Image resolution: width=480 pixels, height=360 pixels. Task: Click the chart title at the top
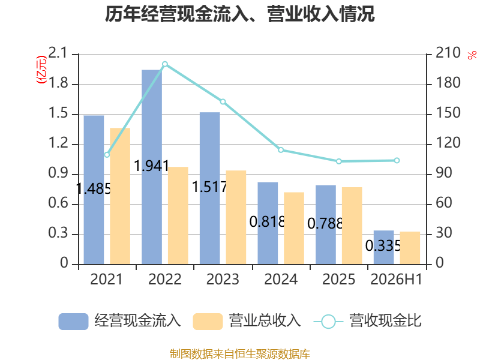click(x=239, y=14)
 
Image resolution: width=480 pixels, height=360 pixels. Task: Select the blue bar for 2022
click(x=152, y=167)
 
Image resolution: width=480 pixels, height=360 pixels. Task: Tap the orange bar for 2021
click(x=120, y=196)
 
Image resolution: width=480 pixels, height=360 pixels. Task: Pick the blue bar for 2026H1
click(x=383, y=247)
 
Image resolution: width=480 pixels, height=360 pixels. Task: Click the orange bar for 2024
click(x=294, y=228)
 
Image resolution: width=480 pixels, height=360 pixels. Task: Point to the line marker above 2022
click(x=164, y=64)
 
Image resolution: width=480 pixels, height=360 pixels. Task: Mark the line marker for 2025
click(x=338, y=161)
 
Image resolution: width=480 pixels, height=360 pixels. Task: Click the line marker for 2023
click(x=223, y=101)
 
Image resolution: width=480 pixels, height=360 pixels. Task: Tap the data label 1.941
click(x=152, y=166)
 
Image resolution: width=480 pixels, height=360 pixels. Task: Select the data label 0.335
click(x=383, y=245)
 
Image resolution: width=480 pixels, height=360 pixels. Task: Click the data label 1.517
click(x=209, y=187)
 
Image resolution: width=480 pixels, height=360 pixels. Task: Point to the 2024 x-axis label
click(x=281, y=279)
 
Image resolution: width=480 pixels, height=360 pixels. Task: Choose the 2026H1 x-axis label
click(x=396, y=279)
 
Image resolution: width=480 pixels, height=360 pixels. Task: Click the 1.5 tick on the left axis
click(x=58, y=113)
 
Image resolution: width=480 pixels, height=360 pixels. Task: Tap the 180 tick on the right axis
click(x=448, y=83)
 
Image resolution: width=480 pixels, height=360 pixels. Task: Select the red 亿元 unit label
click(x=41, y=70)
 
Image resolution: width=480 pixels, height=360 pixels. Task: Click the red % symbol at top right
click(x=472, y=55)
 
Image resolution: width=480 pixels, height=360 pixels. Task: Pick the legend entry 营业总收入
click(x=247, y=321)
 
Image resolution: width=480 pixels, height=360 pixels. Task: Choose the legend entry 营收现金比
click(x=367, y=321)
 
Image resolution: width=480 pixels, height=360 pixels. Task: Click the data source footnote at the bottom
click(x=239, y=354)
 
